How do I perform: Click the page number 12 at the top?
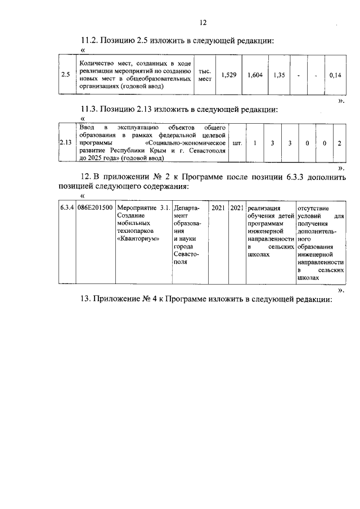pyautogui.click(x=203, y=22)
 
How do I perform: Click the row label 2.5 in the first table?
pyautogui.click(x=65, y=75)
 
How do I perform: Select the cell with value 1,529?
pyautogui.click(x=228, y=75)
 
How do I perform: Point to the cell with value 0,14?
pyautogui.click(x=335, y=75)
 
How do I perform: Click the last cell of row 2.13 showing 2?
pyautogui.click(x=339, y=143)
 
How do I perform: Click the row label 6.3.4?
pyautogui.click(x=67, y=208)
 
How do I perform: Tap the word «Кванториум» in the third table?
pyautogui.click(x=138, y=239)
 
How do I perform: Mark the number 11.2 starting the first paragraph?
pyautogui.click(x=89, y=40)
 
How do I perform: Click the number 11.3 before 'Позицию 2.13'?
pyautogui.click(x=89, y=109)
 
